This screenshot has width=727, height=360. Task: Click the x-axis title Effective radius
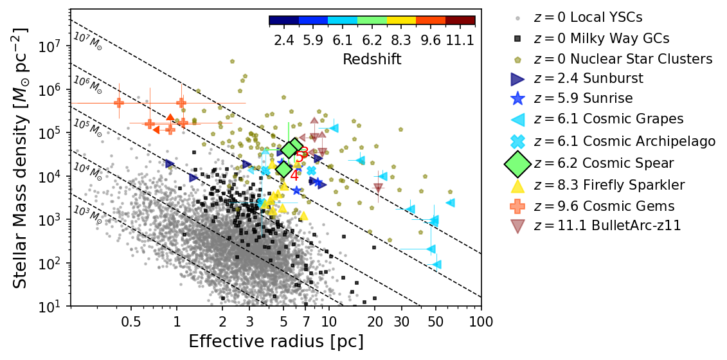[x=276, y=341]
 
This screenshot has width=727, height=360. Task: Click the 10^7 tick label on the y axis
[x=49, y=46]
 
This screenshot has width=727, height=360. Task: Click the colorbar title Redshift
[x=372, y=59]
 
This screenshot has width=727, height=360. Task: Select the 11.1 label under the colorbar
[x=460, y=40]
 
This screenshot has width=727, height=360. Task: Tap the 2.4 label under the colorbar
[x=283, y=40]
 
